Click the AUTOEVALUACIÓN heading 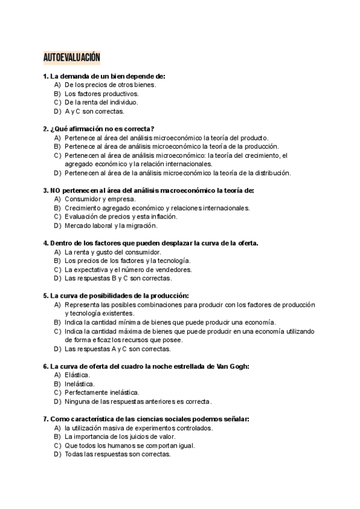coord(71,57)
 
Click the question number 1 coord(46,76)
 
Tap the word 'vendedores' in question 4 coord(175,270)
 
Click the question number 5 coord(46,296)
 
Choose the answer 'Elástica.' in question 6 coord(77,375)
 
